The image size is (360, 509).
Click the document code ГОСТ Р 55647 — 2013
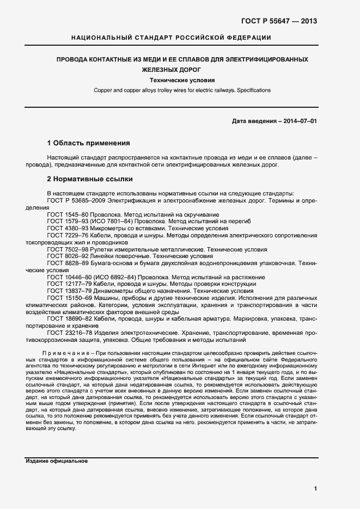pyautogui.click(x=279, y=21)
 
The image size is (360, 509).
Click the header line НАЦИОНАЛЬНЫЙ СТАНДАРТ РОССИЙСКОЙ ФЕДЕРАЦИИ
pyautogui.click(x=172, y=38)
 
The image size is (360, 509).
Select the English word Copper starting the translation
pyautogui.click(x=103, y=90)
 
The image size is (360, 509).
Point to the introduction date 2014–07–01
pyautogui.click(x=298, y=120)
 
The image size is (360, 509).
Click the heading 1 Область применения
pyautogui.click(x=88, y=143)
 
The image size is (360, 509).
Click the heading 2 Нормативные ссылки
pyautogui.click(x=90, y=179)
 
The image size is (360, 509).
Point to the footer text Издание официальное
pyautogui.click(x=57, y=461)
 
